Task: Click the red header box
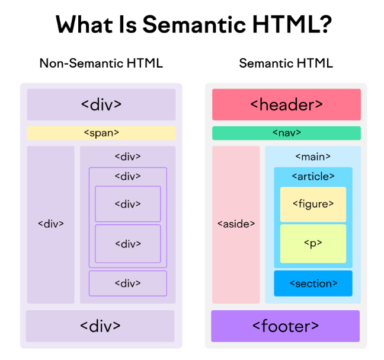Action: click(x=286, y=104)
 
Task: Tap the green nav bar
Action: click(x=286, y=133)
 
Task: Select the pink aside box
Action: click(x=236, y=224)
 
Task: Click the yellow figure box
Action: click(x=313, y=204)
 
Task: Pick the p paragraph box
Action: click(x=313, y=243)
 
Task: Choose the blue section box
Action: click(x=313, y=283)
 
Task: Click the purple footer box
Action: click(x=285, y=326)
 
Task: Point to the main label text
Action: click(x=312, y=157)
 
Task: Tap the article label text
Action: click(x=313, y=176)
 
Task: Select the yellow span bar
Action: click(x=101, y=133)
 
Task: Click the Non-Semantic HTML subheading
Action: click(x=101, y=63)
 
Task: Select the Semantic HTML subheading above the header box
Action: click(x=286, y=63)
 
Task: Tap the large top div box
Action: click(x=101, y=104)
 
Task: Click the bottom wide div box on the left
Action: click(x=100, y=326)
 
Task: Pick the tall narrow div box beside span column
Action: click(x=50, y=224)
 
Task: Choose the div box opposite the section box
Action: click(x=127, y=283)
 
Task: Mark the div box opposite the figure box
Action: click(x=127, y=204)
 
